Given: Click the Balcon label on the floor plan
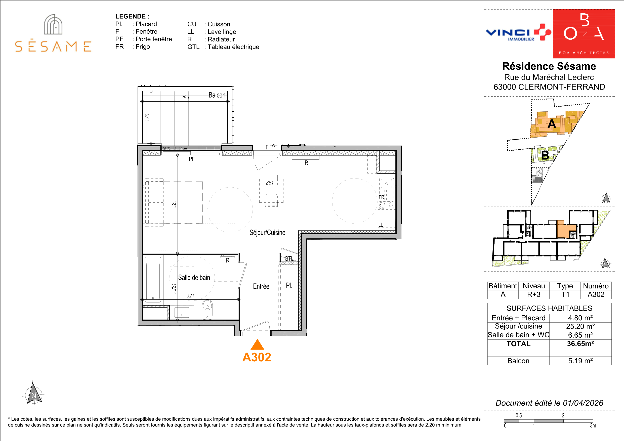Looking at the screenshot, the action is click(217, 95).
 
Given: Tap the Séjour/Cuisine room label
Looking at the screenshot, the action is click(267, 233).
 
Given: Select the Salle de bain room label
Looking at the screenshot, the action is click(194, 277).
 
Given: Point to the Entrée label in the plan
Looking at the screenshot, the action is click(261, 286).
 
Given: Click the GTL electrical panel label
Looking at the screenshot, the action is click(289, 259).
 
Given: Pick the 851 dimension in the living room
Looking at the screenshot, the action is click(270, 183).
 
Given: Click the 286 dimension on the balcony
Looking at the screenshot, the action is click(185, 98).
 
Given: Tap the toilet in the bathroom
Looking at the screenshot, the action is click(207, 309).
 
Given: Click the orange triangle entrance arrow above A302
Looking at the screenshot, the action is click(257, 345).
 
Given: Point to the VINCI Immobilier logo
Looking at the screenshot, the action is click(518, 33).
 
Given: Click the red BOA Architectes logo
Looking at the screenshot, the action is click(584, 34).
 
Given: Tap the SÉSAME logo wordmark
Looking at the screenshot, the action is click(53, 47).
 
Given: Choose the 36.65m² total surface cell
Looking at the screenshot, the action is click(580, 344).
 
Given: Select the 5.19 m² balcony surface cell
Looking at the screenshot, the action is click(580, 361).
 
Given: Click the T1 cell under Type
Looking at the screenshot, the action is click(565, 294).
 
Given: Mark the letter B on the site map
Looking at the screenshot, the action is click(545, 155).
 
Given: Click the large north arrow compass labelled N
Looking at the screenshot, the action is click(33, 393).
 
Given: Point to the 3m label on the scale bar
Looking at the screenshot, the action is click(593, 426).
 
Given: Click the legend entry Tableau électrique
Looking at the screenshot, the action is click(233, 47).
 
